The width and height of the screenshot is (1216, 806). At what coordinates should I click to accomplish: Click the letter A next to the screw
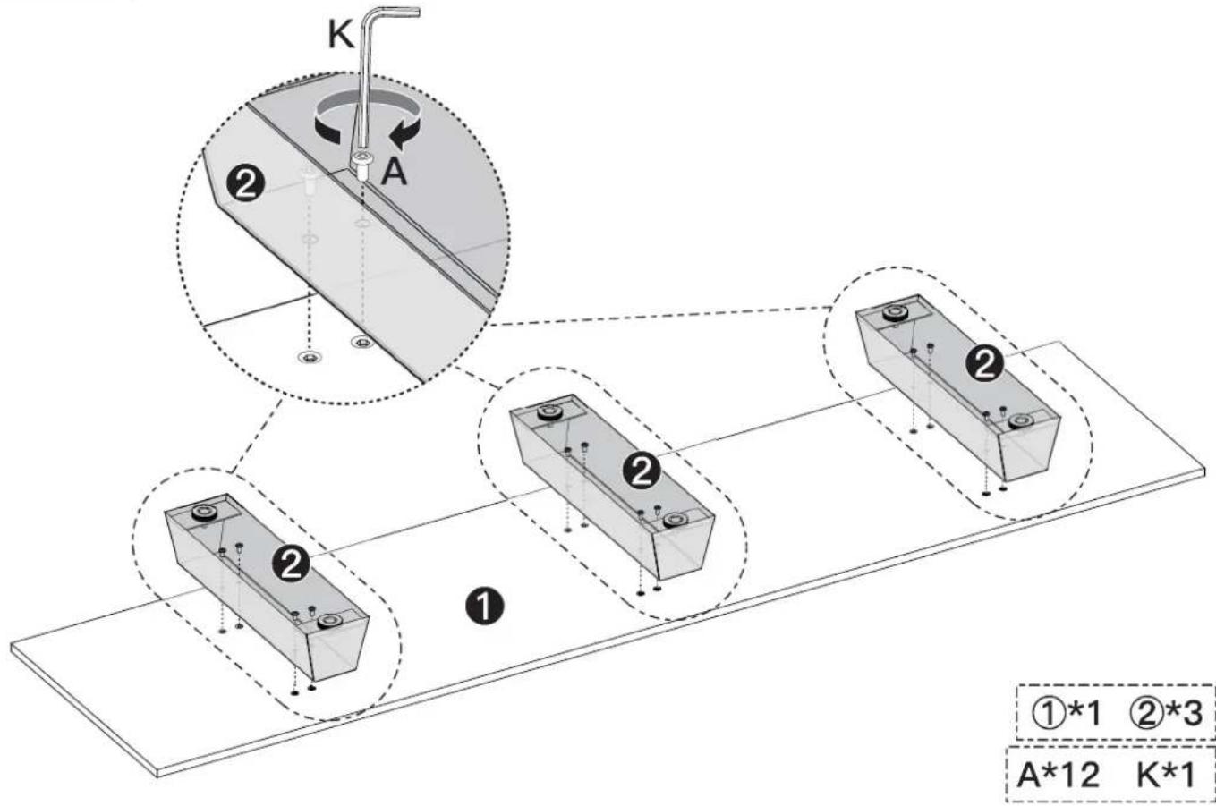[394, 171]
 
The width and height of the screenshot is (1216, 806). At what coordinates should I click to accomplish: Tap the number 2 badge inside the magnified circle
[247, 184]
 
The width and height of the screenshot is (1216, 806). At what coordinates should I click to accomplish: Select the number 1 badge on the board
[482, 606]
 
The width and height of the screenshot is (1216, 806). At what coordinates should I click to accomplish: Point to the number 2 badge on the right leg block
[985, 364]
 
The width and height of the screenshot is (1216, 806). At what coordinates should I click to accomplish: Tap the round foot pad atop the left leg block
[203, 513]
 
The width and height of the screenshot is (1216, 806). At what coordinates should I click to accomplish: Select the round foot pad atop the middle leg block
[548, 413]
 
